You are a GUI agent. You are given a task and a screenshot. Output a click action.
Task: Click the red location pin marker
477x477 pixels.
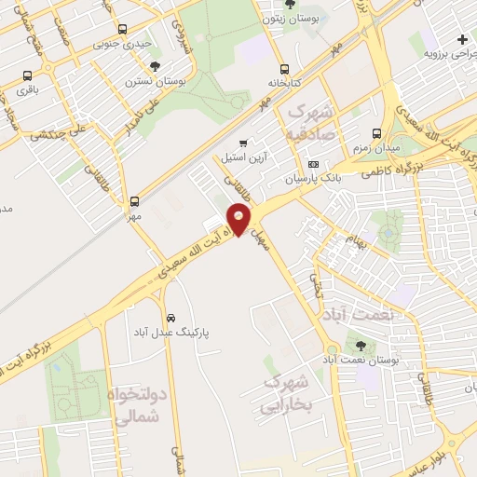click(x=239, y=220)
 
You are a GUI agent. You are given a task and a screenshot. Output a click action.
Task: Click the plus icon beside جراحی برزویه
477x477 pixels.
click(x=463, y=38)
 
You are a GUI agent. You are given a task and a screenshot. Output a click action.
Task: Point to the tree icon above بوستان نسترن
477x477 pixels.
click(x=155, y=66)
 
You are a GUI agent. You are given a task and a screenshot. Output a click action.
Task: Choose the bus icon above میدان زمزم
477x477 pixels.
click(x=376, y=133)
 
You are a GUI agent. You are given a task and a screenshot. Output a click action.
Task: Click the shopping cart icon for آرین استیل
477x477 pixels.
click(x=243, y=143)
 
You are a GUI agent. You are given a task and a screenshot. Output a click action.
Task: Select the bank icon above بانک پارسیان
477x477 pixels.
click(x=312, y=164)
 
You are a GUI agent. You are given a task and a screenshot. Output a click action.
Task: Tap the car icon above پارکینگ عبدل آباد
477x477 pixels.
click(x=169, y=317)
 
